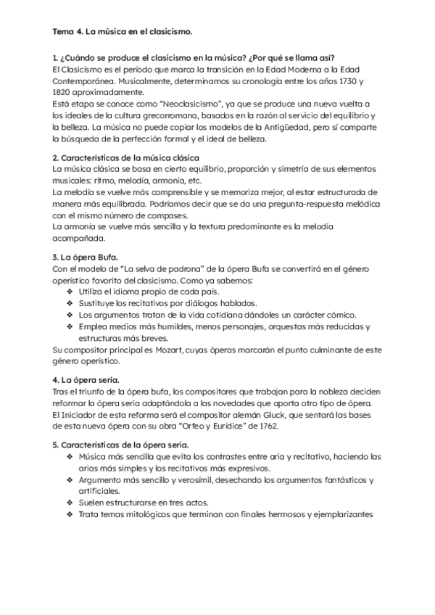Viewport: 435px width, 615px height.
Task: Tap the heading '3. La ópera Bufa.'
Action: click(x=90, y=257)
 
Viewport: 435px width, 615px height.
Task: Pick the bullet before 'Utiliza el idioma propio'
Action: click(x=70, y=292)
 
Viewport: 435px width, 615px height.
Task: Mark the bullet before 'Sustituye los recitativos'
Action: click(x=70, y=303)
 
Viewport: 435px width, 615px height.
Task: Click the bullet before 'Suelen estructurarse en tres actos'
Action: click(x=70, y=502)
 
